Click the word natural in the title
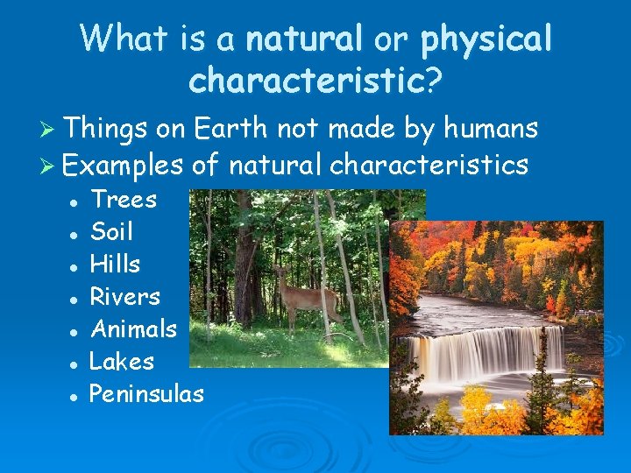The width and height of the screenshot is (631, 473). pyautogui.click(x=304, y=39)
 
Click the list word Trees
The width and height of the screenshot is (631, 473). pyautogui.click(x=124, y=200)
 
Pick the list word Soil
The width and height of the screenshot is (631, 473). pyautogui.click(x=111, y=232)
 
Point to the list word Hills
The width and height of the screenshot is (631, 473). pyautogui.click(x=115, y=264)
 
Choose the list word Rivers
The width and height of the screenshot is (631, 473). pyautogui.click(x=125, y=296)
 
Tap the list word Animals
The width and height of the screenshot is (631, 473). pyautogui.click(x=134, y=328)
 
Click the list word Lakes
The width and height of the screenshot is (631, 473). pyautogui.click(x=122, y=361)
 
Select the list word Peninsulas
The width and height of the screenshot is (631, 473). pyautogui.click(x=146, y=393)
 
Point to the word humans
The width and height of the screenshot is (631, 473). pyautogui.click(x=492, y=129)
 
